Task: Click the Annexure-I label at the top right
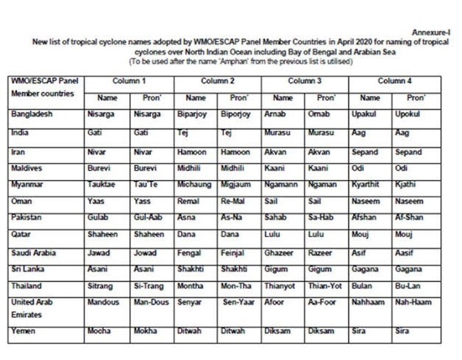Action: click(x=433, y=32)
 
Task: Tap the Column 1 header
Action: click(x=130, y=81)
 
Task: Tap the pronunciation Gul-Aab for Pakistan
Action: click(x=148, y=217)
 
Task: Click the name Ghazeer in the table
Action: click(x=279, y=252)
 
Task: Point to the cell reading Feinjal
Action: click(x=232, y=252)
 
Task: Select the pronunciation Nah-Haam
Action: click(x=412, y=302)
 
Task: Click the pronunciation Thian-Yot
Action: click(x=324, y=286)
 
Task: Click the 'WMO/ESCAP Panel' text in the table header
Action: click(x=40, y=81)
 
